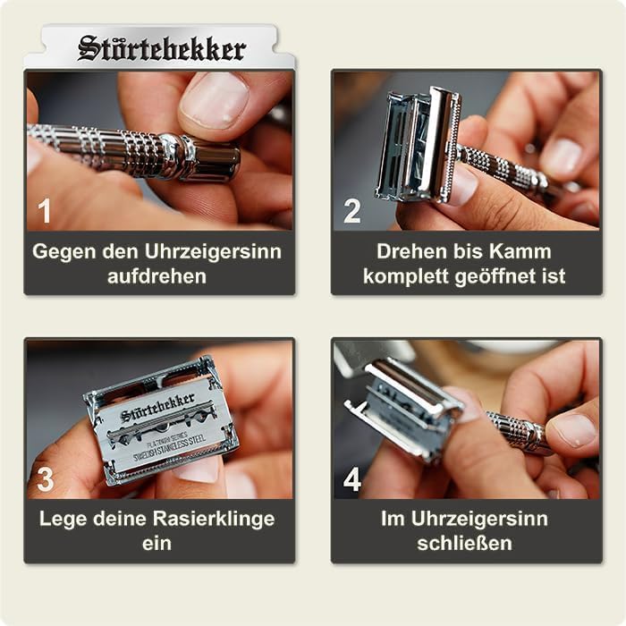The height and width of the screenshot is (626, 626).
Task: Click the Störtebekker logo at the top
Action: pyautogui.click(x=162, y=48)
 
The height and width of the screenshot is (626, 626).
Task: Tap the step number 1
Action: pyautogui.click(x=45, y=212)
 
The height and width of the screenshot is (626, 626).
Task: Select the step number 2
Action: pyautogui.click(x=352, y=212)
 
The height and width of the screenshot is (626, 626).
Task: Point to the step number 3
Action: pyautogui.click(x=45, y=480)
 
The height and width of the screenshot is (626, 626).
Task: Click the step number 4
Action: pyautogui.click(x=352, y=480)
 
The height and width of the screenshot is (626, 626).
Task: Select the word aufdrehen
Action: pyautogui.click(x=157, y=275)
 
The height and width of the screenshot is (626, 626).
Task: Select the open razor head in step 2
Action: pyautogui.click(x=419, y=143)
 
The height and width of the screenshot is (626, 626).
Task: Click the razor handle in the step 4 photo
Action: pyautogui.click(x=519, y=430)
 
